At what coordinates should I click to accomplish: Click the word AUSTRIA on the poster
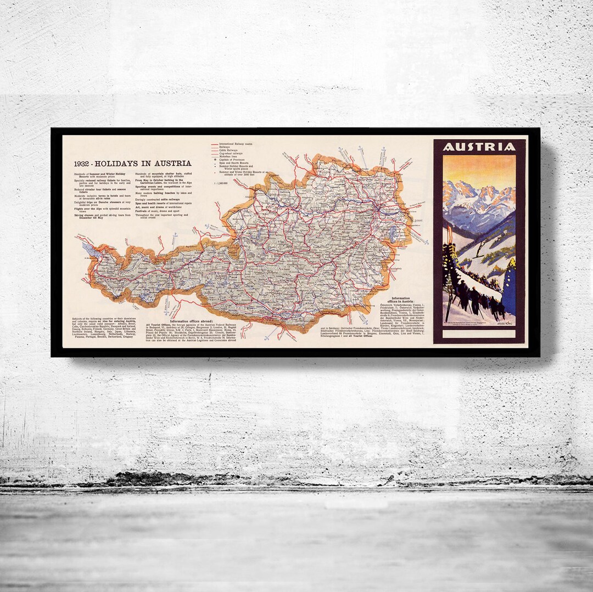coord(479,147)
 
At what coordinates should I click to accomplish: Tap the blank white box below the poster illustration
coord(479,333)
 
